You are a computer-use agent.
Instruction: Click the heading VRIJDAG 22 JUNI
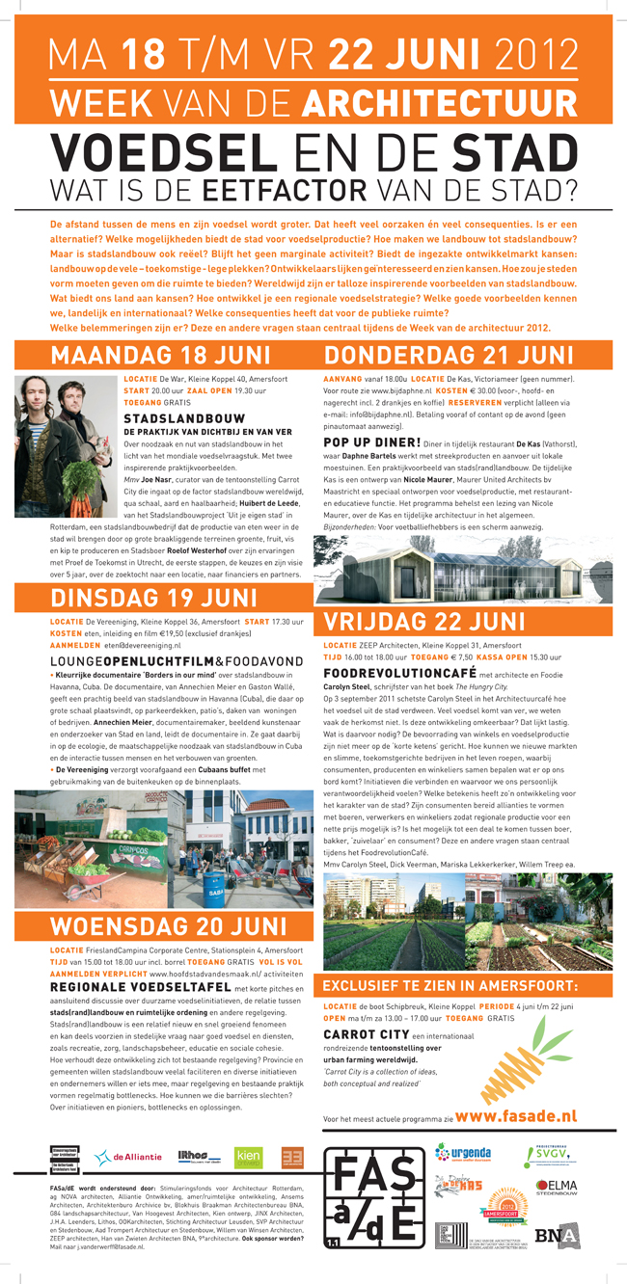tap(424, 619)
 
